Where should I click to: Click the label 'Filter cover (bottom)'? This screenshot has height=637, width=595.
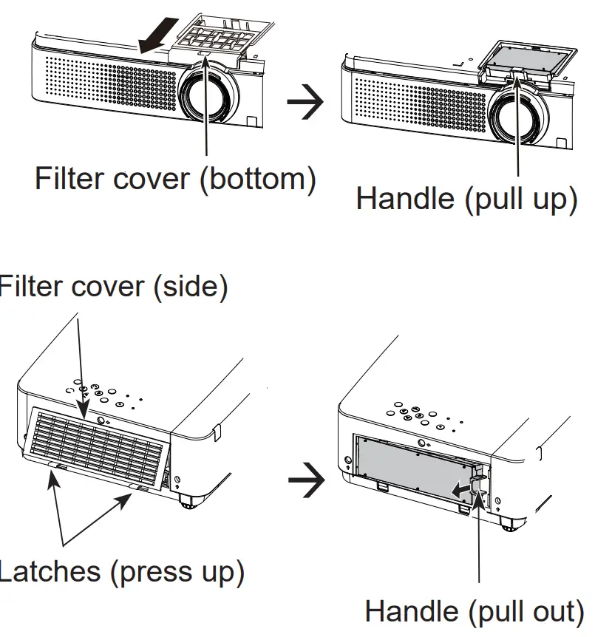(175, 179)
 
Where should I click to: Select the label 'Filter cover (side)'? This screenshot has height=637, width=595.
(112, 287)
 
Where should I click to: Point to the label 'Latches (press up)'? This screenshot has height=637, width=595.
(120, 571)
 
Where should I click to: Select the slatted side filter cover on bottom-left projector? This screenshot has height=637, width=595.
(99, 443)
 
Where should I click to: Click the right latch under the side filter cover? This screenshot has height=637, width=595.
(140, 488)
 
